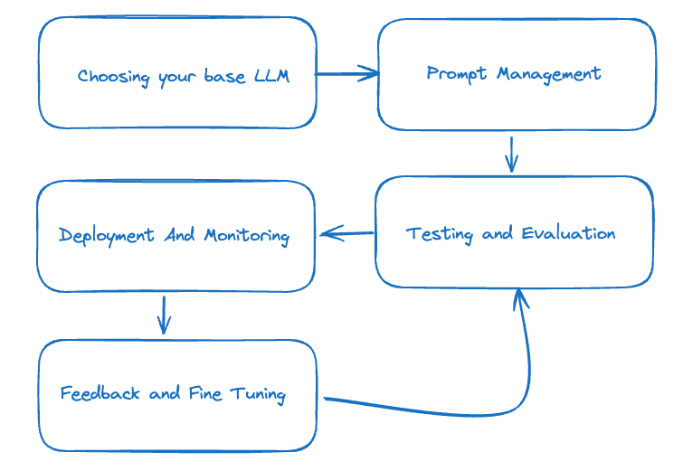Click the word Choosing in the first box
114,77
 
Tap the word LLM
271,76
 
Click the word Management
546,74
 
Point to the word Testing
440,234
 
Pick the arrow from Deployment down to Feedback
163,315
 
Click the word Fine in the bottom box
204,393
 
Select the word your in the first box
177,78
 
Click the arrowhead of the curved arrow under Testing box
519,298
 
